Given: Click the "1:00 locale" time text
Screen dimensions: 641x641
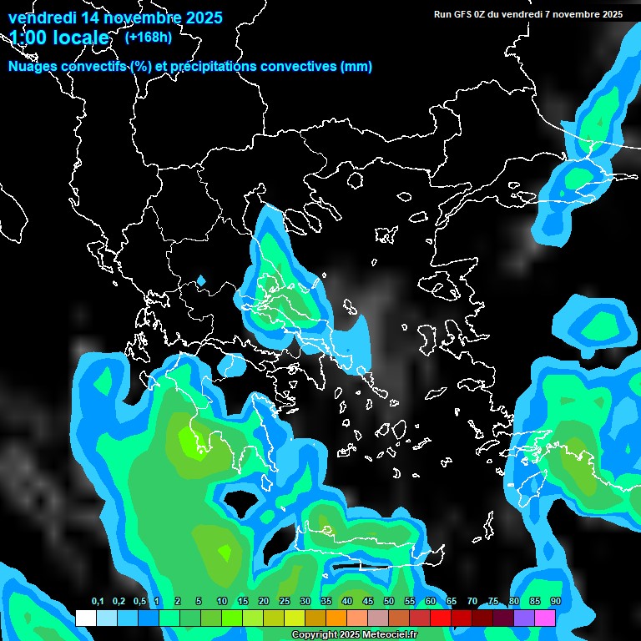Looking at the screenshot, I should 58,38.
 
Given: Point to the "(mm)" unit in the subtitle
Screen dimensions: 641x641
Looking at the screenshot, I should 356,67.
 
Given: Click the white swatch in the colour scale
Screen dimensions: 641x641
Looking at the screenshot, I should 85,618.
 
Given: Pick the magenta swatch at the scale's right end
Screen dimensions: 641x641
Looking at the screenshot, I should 545,618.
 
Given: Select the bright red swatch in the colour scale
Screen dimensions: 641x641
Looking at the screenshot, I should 441,618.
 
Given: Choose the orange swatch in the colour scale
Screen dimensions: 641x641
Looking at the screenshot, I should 336,618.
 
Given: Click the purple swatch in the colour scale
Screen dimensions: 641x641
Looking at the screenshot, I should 524,618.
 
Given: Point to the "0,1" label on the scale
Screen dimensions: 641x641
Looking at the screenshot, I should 97,602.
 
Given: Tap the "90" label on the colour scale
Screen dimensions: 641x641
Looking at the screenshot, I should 556,602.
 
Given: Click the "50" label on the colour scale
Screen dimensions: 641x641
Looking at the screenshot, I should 389,602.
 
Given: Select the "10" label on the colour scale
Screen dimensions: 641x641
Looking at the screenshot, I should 222,602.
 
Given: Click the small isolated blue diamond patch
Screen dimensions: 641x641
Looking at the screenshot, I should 200,280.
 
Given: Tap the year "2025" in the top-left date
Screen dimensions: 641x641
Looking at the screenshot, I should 199,17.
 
